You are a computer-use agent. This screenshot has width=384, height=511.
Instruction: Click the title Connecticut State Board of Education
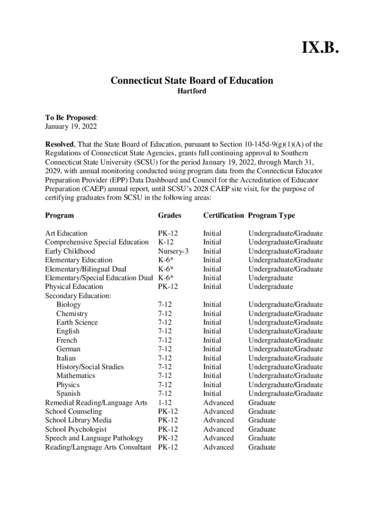click(192, 80)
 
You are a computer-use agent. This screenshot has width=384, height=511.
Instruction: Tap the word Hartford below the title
click(192, 91)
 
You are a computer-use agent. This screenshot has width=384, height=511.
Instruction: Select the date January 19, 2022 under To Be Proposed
click(71, 127)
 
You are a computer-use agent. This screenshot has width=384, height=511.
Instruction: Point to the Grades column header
click(170, 216)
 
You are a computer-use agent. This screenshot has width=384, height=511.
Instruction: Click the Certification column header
click(223, 216)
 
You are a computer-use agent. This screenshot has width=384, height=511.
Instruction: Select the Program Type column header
click(271, 216)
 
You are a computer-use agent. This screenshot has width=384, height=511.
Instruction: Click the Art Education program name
click(66, 233)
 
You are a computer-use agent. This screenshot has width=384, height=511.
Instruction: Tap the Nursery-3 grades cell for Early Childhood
click(173, 251)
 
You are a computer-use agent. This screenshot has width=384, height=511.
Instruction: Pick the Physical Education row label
click(74, 286)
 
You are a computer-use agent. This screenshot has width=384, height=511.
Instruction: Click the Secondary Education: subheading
click(78, 295)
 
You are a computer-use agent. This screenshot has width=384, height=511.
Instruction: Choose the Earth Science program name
click(77, 322)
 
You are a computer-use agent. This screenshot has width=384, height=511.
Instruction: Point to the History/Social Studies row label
click(90, 367)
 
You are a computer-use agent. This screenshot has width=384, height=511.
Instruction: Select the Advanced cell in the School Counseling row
click(218, 411)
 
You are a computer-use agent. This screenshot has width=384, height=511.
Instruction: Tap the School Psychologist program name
click(76, 429)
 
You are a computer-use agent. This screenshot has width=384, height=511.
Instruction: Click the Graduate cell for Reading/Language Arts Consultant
click(262, 447)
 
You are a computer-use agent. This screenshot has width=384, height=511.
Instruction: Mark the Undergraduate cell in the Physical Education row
click(271, 286)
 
